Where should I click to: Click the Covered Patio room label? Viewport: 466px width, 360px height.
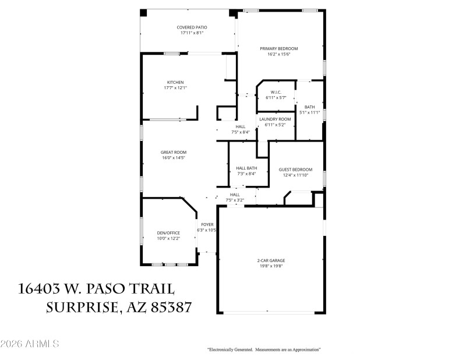(192, 27)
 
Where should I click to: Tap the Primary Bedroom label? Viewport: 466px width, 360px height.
(278, 48)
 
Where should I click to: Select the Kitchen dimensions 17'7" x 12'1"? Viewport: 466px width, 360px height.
(175, 88)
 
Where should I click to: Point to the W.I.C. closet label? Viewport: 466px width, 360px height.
(276, 92)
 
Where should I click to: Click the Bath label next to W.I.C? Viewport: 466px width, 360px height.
(309, 107)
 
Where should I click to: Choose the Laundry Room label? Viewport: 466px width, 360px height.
(275, 119)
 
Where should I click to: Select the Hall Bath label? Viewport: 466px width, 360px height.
(246, 168)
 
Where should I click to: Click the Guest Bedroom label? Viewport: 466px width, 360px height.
(295, 170)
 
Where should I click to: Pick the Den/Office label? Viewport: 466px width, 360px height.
(168, 232)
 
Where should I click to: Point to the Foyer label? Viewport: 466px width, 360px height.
(207, 224)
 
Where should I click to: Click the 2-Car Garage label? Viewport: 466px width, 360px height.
(271, 260)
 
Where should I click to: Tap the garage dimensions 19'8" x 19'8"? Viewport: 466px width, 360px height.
(271, 266)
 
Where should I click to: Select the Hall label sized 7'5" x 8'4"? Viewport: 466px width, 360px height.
(241, 132)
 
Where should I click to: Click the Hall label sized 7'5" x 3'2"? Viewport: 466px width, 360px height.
(235, 200)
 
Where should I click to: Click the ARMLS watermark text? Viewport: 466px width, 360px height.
(30, 344)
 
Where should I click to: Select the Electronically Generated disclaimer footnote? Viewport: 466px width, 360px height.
(264, 350)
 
